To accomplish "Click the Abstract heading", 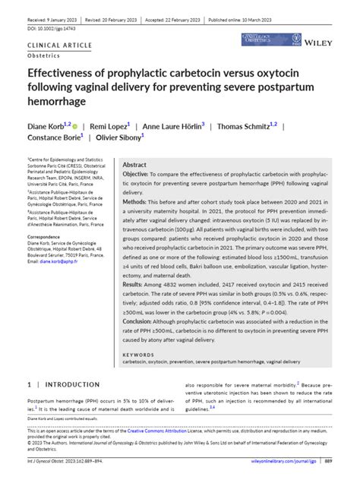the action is [134, 164].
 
